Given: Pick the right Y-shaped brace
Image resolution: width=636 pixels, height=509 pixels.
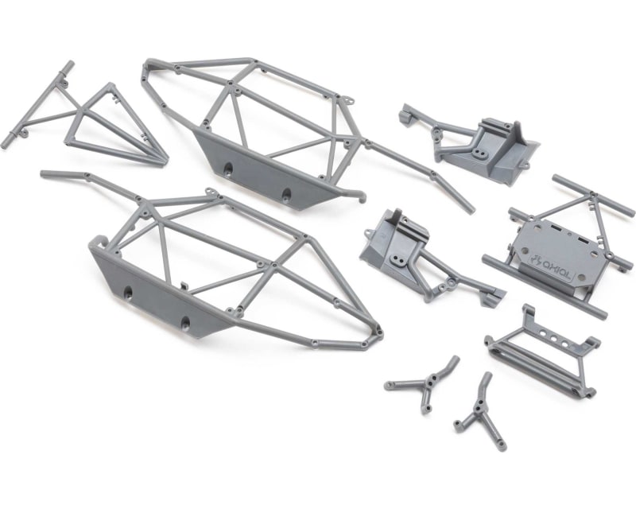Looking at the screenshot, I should (480, 410).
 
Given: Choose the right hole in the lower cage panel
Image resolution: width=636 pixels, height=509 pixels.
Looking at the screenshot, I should (186, 324).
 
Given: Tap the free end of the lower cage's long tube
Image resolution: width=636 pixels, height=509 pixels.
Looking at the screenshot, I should (44, 173).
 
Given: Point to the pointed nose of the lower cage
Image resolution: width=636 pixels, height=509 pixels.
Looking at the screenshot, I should (378, 333).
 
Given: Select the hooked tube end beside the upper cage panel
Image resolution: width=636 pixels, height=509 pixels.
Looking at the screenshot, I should (363, 196).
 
